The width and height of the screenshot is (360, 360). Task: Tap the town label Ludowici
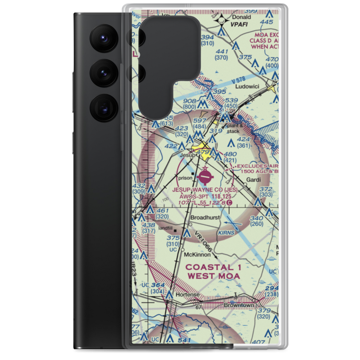(x=247, y=87)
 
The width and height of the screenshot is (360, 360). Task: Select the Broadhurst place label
(x=204, y=217)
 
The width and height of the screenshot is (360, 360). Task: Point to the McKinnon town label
(x=197, y=255)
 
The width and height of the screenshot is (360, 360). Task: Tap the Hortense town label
(x=187, y=294)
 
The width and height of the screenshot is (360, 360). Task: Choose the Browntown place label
(x=239, y=305)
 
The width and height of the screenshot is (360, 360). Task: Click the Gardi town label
(x=253, y=179)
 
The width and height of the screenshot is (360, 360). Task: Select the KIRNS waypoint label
(x=226, y=233)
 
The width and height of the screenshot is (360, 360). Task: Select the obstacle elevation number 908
(x=189, y=101)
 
